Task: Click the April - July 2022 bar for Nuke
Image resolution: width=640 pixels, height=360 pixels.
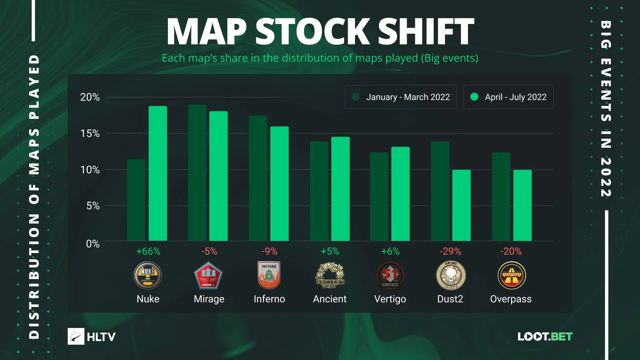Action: point(158,173)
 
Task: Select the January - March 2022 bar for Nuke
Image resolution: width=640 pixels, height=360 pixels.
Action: point(136,200)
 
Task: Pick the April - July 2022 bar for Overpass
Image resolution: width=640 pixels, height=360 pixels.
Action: point(522,205)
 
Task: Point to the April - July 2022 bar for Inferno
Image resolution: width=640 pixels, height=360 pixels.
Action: point(279,184)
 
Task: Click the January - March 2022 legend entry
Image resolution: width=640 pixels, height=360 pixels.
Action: point(401,97)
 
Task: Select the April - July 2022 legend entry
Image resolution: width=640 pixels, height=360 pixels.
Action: point(509,97)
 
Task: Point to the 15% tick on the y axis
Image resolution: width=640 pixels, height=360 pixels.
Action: point(90,134)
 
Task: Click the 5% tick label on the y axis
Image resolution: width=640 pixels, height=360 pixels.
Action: point(93,206)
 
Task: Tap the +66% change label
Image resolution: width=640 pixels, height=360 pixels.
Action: point(148,251)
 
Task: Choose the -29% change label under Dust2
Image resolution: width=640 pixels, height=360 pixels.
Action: point(450,251)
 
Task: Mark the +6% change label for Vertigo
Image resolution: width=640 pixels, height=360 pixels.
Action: point(390,251)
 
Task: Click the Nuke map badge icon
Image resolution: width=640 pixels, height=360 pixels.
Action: point(148,275)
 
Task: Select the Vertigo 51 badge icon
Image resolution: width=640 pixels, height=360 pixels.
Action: point(390,275)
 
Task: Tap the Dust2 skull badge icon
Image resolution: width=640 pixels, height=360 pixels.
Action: point(451,275)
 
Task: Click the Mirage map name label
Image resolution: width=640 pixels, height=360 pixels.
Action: point(209,299)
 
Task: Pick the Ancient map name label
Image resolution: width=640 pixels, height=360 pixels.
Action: point(330,299)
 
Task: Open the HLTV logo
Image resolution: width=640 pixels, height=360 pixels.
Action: point(92,336)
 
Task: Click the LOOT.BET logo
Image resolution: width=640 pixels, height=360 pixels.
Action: point(545,336)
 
